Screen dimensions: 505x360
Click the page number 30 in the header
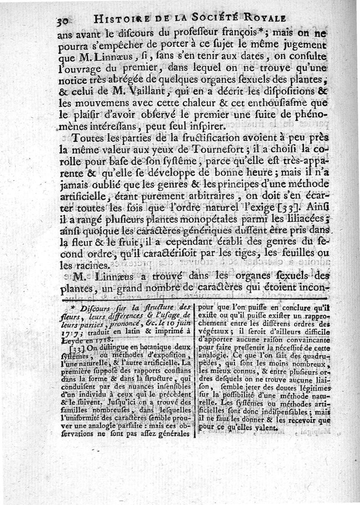tap(65, 21)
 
